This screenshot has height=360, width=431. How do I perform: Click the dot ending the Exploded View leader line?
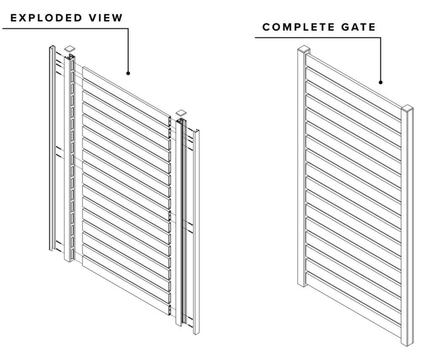coord(128,73)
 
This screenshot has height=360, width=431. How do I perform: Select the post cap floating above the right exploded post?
coord(181,113)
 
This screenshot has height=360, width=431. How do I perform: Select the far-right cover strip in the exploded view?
coord(196,231)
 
